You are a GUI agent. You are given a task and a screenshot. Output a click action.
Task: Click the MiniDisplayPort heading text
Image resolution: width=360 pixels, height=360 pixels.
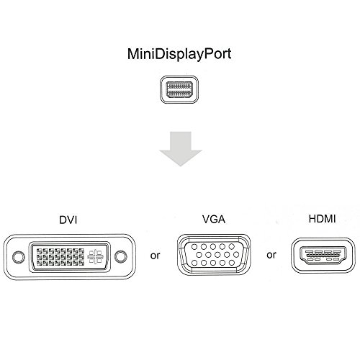(180, 54)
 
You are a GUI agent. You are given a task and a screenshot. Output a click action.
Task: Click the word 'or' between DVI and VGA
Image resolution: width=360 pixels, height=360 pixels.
(153, 254)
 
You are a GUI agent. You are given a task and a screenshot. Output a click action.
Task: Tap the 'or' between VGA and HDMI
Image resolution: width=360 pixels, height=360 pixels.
(271, 254)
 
